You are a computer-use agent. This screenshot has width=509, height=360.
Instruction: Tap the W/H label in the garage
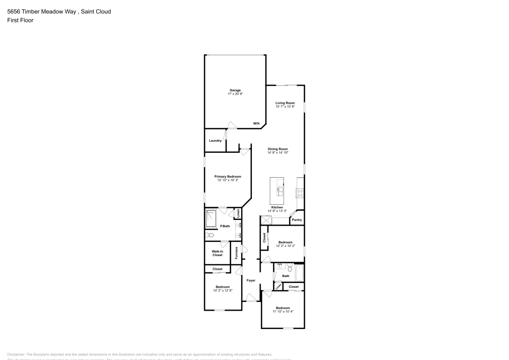257,124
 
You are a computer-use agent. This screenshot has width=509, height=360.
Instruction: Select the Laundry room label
215,141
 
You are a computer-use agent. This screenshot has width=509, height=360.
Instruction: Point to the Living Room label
285,103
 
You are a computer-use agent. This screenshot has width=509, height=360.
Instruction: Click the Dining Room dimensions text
278,153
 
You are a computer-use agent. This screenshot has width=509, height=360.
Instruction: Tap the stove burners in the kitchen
300,192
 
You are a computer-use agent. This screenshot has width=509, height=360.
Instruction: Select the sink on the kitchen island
279,191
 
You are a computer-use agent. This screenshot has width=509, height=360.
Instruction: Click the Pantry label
297,220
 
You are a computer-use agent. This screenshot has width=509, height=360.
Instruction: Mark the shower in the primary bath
211,219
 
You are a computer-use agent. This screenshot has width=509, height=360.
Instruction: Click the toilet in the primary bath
209,235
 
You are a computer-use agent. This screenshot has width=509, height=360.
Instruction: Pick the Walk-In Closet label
217,253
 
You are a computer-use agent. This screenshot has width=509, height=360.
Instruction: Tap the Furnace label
237,253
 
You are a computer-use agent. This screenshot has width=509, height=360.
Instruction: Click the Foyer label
251,281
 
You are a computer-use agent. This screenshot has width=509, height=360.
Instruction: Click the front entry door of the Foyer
250,298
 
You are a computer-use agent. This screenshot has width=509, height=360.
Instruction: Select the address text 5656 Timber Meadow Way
41,11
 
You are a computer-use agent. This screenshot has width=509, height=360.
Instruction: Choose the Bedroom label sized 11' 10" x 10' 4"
282,308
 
